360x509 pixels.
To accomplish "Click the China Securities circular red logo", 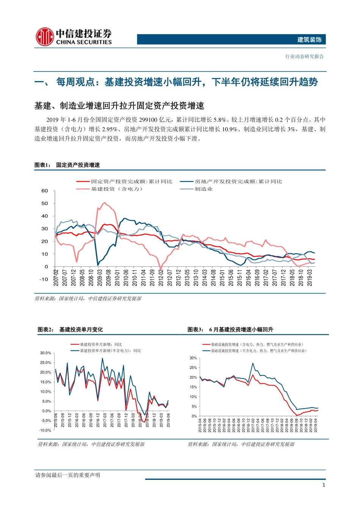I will click(x=45, y=37).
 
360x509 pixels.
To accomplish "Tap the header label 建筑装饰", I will click(x=309, y=40).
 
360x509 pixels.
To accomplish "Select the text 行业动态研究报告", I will click(x=305, y=56).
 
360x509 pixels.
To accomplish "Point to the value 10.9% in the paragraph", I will click(x=229, y=129).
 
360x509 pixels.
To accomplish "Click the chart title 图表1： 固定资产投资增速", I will click(x=67, y=165).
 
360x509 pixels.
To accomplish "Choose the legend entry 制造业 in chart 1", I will click(x=204, y=189).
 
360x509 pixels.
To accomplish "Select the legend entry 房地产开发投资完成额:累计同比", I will click(x=238, y=182).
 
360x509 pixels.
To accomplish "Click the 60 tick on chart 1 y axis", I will click(x=45, y=191).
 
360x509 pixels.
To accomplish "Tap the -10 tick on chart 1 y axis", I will click(x=44, y=279).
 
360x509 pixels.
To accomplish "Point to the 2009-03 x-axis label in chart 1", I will click(x=100, y=278).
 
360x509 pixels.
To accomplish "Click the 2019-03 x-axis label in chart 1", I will click(x=310, y=278).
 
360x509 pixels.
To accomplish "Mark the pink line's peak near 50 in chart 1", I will click(x=105, y=203).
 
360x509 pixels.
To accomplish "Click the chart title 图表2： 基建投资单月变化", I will click(x=70, y=329).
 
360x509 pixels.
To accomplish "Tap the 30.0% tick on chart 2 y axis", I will click(x=45, y=353).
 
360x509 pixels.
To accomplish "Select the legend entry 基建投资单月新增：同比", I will click(x=101, y=345).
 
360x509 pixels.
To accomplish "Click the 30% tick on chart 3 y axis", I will click(x=193, y=358).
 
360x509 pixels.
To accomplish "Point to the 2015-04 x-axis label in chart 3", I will click(x=200, y=425).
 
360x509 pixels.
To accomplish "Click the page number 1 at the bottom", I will click(x=324, y=485).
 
